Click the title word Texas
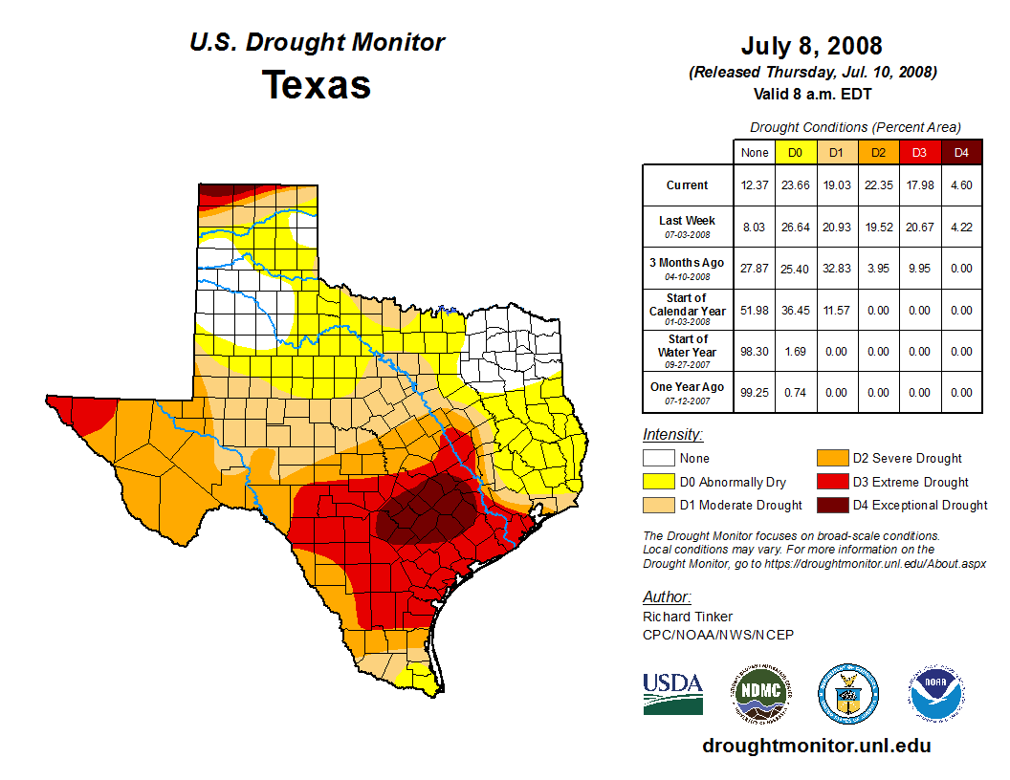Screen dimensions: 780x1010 (317, 85)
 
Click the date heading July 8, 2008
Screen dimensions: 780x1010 (811, 46)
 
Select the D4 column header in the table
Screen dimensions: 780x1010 (961, 153)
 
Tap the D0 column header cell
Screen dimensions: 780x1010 (795, 153)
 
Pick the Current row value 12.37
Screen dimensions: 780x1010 (754, 185)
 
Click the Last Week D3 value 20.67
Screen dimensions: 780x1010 (919, 227)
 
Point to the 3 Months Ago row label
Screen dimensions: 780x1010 (688, 268)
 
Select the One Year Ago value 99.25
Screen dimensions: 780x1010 (754, 392)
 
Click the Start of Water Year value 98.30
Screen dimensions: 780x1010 (754, 351)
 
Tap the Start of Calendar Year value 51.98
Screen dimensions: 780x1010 (754, 310)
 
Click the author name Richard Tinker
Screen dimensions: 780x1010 (688, 617)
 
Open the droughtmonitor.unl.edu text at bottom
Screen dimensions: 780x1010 (816, 746)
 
